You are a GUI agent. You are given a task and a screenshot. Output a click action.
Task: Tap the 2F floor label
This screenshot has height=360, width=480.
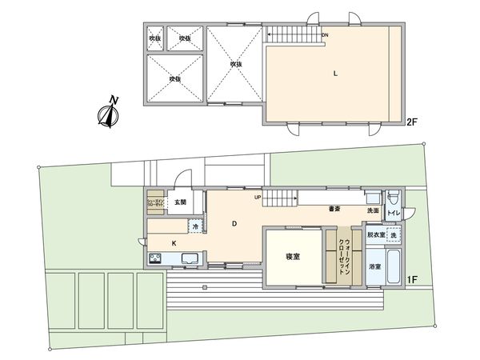pyautogui.click(x=411, y=122)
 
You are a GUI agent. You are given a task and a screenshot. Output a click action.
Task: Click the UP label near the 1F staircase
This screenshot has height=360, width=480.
pyautogui.click(x=258, y=197)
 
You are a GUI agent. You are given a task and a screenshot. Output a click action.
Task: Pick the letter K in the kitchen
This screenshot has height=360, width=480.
pyautogui.click(x=174, y=242)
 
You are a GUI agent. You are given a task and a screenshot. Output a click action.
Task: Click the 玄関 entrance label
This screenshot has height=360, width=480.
pyautogui.click(x=181, y=202)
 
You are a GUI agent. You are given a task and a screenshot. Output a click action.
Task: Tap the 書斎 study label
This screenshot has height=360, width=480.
pyautogui.click(x=334, y=210)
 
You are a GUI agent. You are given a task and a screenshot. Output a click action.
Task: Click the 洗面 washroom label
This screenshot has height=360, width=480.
pyautogui.click(x=374, y=210)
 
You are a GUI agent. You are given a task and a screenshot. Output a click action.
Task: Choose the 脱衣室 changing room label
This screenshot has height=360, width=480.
pyautogui.click(x=375, y=235)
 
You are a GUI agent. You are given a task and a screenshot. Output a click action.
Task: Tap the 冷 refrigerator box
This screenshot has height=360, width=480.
pyautogui.click(x=196, y=227)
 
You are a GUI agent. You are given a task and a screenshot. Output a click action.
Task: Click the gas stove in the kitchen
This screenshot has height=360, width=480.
pyautogui.click(x=155, y=258)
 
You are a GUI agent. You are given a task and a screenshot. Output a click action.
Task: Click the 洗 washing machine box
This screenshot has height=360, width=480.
pyautogui.click(x=393, y=235)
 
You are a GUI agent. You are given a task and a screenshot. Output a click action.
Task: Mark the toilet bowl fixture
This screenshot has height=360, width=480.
pyautogui.click(x=393, y=200)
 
